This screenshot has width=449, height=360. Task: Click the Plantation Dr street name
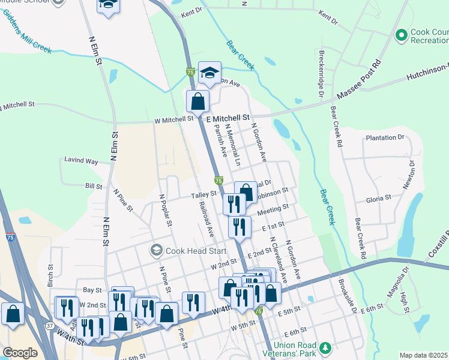pyautogui.click(x=385, y=137)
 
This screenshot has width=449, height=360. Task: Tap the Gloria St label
pyautogui.click(x=379, y=197)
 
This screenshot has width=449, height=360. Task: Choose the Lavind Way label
pyautogui.click(x=81, y=161)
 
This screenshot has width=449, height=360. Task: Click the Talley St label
pyautogui.click(x=203, y=195)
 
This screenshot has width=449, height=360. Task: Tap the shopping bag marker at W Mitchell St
pyautogui.click(x=197, y=101)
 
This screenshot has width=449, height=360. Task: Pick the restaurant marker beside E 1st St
pyautogui.click(x=239, y=227)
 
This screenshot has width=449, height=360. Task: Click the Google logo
pyautogui.click(x=20, y=353)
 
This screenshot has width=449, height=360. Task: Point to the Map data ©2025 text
pyautogui.click(x=423, y=355)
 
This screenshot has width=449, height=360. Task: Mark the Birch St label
pyautogui.click(x=51, y=275)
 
